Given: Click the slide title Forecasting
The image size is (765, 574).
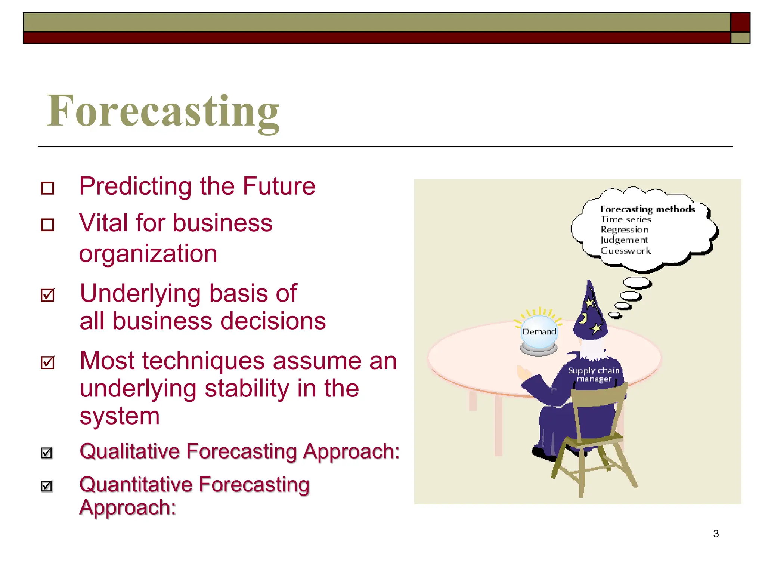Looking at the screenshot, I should [x=163, y=111].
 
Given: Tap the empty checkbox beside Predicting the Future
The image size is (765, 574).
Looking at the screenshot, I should [x=47, y=188].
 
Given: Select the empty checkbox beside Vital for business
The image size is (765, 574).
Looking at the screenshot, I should [x=47, y=225].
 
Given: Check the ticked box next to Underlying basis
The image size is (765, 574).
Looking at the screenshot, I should [x=48, y=295].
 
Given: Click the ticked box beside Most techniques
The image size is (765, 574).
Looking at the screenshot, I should [x=48, y=362].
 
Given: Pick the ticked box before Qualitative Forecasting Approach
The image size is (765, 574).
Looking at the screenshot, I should [x=47, y=453].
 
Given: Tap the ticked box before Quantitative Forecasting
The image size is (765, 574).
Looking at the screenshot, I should [x=47, y=486].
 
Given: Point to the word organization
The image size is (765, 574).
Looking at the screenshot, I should [x=148, y=254].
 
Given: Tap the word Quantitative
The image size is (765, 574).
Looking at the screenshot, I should [x=136, y=485].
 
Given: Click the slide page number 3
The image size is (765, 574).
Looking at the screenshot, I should [x=716, y=534].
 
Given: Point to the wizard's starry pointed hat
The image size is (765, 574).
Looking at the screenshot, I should [x=590, y=312].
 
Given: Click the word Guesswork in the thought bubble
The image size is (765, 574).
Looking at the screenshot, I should [x=625, y=251].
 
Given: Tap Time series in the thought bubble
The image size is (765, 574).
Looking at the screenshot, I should [x=626, y=219].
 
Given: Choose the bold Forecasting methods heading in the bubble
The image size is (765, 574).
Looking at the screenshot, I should [x=647, y=209].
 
